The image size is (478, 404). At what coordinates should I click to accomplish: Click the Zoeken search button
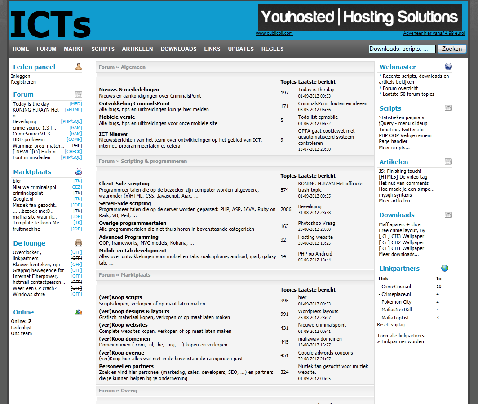click(452, 49)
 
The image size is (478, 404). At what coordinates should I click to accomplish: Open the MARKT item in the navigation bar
click(74, 49)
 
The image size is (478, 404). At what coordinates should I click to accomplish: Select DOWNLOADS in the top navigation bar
click(178, 49)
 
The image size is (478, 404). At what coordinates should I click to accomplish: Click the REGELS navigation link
click(272, 49)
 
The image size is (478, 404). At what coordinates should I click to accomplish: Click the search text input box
click(402, 49)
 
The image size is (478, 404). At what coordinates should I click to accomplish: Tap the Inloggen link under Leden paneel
click(21, 76)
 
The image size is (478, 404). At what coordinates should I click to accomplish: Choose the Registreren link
click(23, 82)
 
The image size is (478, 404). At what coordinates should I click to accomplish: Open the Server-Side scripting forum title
click(125, 203)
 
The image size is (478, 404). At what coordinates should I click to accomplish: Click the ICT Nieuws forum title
click(113, 134)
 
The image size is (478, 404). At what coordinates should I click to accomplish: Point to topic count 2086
click(286, 209)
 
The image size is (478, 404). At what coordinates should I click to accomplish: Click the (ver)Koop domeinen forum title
click(124, 339)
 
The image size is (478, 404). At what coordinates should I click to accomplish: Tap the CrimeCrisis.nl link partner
click(396, 287)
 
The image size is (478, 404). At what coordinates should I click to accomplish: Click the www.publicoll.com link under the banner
click(274, 33)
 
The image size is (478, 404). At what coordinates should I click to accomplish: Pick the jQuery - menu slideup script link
click(403, 123)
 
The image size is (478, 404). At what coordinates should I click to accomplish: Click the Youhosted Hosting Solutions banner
click(360, 17)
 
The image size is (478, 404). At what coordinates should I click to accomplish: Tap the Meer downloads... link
click(398, 254)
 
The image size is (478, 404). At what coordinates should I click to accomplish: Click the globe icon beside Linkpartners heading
click(444, 268)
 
